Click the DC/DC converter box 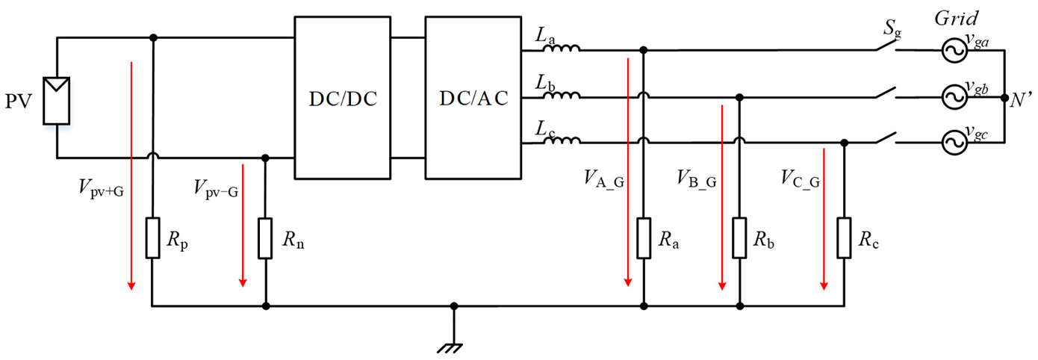[x=343, y=98]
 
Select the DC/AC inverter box [x=473, y=98]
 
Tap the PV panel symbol [x=57, y=101]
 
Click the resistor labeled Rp [x=152, y=238]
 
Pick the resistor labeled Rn [x=266, y=238]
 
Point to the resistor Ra [x=644, y=238]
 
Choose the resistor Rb [x=739, y=238]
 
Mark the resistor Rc [x=844, y=238]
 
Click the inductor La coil [x=562, y=50]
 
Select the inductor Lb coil [x=562, y=96]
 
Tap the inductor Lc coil [x=562, y=141]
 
